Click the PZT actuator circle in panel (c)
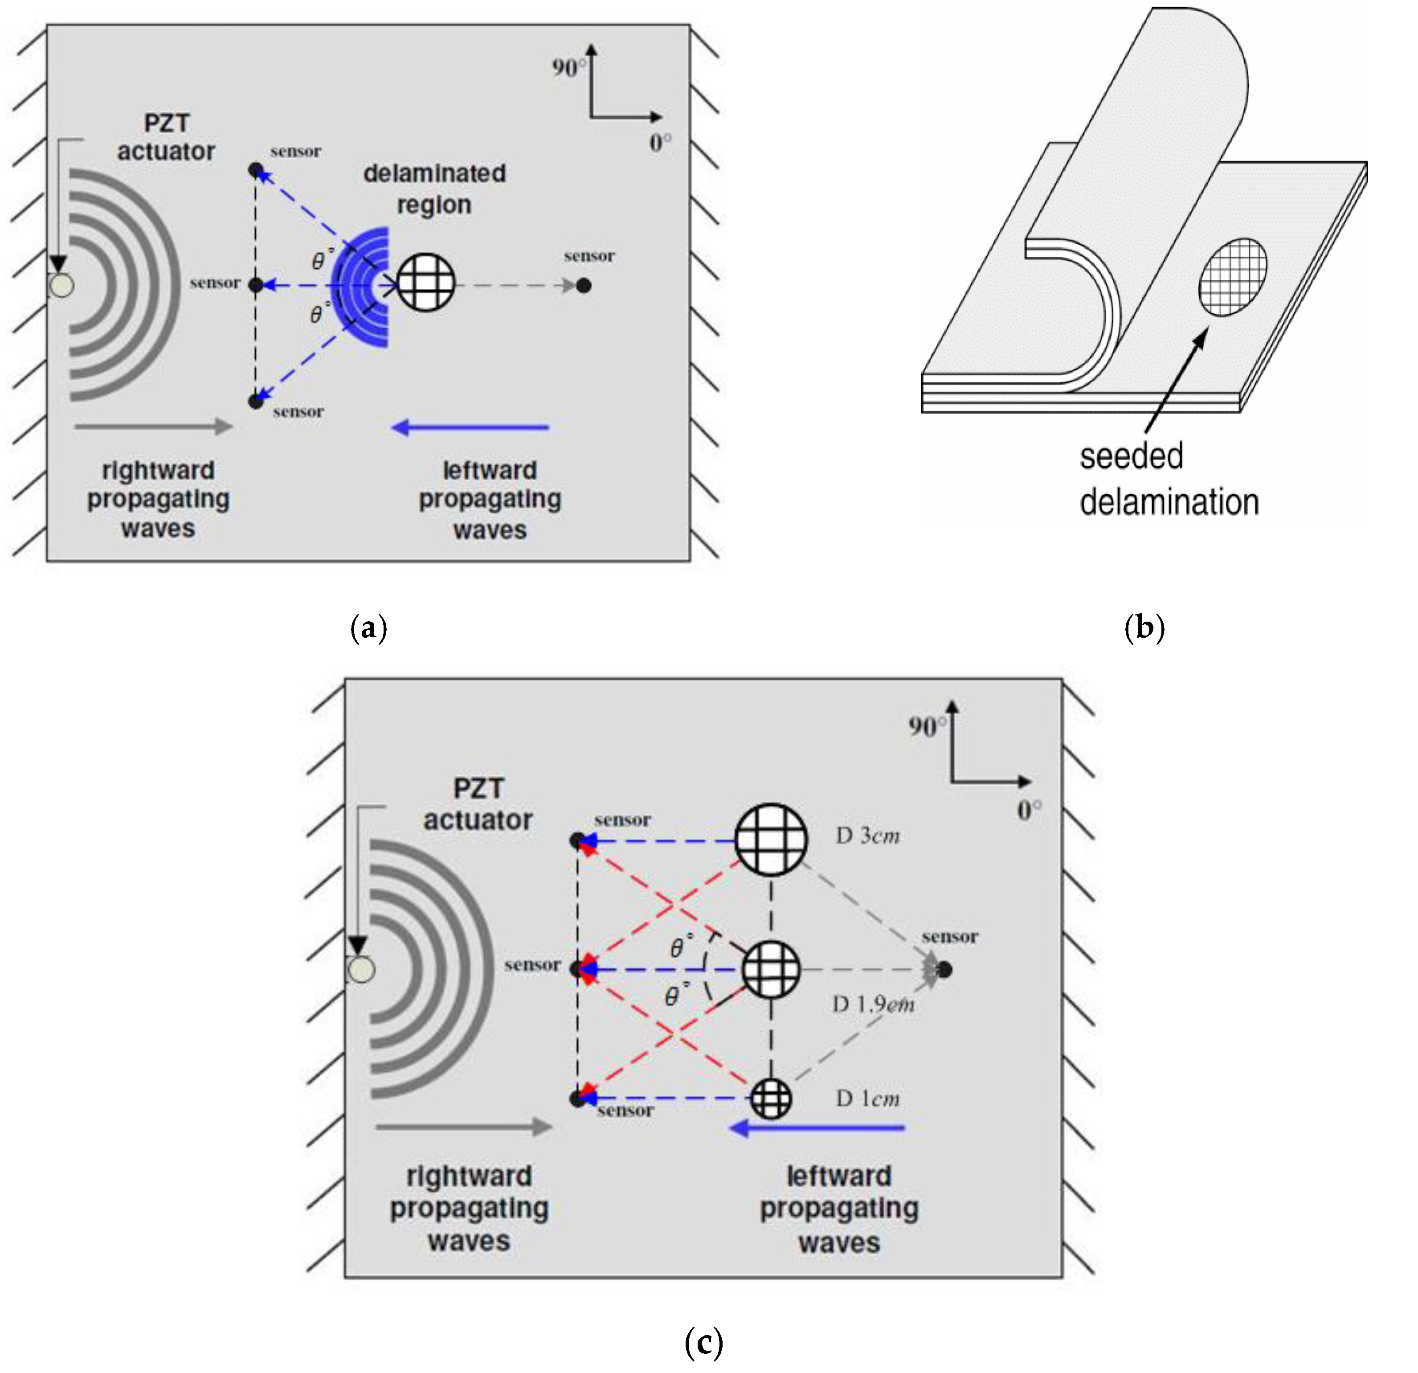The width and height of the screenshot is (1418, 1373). pyautogui.click(x=361, y=969)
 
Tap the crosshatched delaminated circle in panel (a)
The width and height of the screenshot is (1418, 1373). pyautogui.click(x=426, y=282)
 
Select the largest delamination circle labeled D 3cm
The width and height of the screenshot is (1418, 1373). pyautogui.click(x=771, y=840)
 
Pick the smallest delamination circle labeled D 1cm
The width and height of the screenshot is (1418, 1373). pyautogui.click(x=771, y=1098)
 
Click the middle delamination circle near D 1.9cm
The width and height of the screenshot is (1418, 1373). pyautogui.click(x=771, y=969)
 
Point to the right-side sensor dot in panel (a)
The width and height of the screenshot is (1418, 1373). pyautogui.click(x=584, y=286)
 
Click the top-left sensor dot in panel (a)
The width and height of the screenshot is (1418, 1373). pyautogui.click(x=255, y=170)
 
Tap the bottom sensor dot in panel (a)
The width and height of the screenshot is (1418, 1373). pyautogui.click(x=255, y=401)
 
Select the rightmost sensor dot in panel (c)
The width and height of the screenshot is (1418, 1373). pyautogui.click(x=944, y=969)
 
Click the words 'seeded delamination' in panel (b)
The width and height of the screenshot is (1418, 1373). pyautogui.click(x=1169, y=479)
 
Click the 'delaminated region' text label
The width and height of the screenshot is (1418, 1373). pyautogui.click(x=434, y=189)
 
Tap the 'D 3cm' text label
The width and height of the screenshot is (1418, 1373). pyautogui.click(x=867, y=836)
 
